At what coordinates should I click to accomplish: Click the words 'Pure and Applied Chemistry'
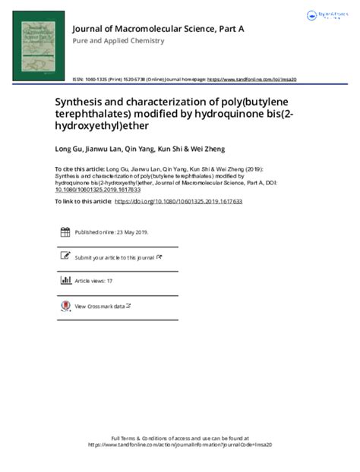pos(118,41)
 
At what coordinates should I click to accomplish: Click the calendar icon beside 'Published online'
pos(64,233)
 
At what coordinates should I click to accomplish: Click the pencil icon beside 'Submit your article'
pos(64,257)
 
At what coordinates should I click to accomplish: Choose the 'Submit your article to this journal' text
pos(115,258)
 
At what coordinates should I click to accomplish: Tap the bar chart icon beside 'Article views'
pos(64,281)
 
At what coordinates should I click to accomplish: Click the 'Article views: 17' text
pos(93,281)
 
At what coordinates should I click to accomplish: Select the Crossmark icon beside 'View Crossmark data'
pos(64,306)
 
